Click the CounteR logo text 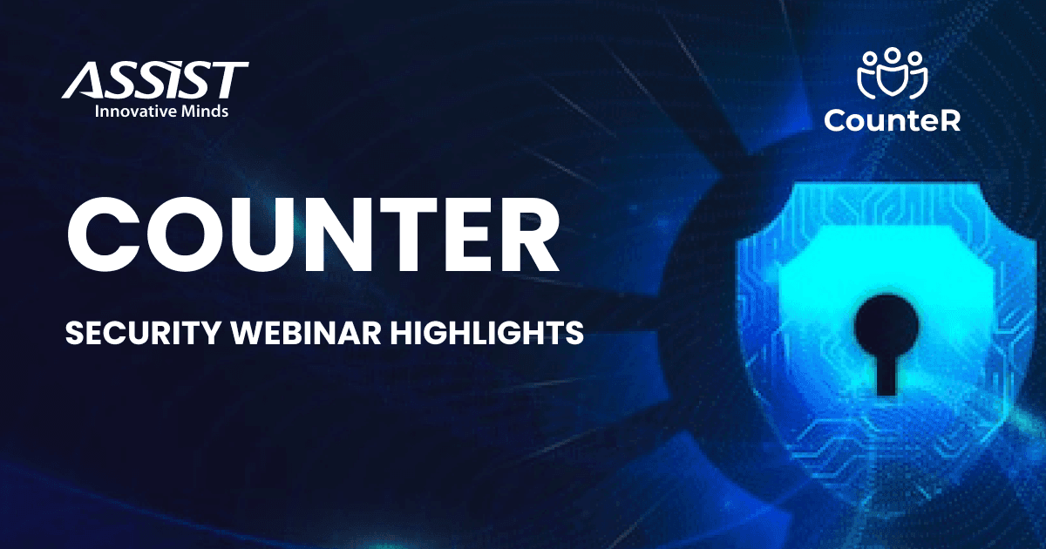[892, 120]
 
